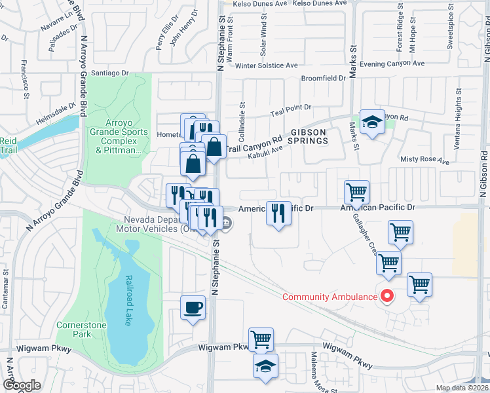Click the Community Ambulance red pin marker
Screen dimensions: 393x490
pyautogui.click(x=386, y=296)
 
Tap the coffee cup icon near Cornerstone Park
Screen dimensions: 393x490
pyautogui.click(x=193, y=307)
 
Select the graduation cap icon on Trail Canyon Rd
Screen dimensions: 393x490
pyautogui.click(x=372, y=122)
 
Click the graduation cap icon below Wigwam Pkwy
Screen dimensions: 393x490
pyautogui.click(x=265, y=367)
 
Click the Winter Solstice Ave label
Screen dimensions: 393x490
pyautogui.click(x=267, y=65)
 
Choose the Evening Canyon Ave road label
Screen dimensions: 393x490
pyautogui.click(x=396, y=64)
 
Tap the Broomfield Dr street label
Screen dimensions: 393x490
pyautogui.click(x=323, y=79)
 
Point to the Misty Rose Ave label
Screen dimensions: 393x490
pyautogui.click(x=425, y=160)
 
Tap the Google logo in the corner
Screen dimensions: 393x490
pyautogui.click(x=22, y=385)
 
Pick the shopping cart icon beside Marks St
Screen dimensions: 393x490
pyautogui.click(x=357, y=192)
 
